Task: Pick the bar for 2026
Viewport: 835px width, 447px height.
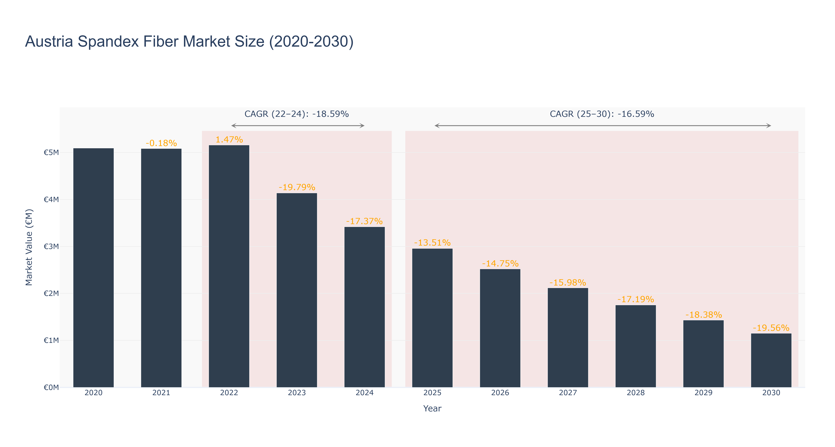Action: [x=500, y=328]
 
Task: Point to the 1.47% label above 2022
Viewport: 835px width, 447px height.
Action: [x=229, y=140]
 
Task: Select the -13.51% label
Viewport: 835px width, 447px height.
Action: [x=432, y=243]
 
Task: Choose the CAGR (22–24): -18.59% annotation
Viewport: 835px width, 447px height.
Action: [x=297, y=114]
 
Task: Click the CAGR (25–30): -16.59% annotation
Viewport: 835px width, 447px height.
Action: [x=602, y=114]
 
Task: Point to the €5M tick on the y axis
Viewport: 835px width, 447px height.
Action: [x=51, y=153]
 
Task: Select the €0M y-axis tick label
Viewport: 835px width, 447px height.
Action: [x=51, y=387]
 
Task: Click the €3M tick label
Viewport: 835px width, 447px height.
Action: [x=51, y=246]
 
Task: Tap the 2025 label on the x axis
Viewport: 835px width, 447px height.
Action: [x=432, y=393]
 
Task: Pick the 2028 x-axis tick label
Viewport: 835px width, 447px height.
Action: [x=636, y=393]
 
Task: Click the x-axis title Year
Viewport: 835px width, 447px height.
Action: [x=432, y=408]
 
